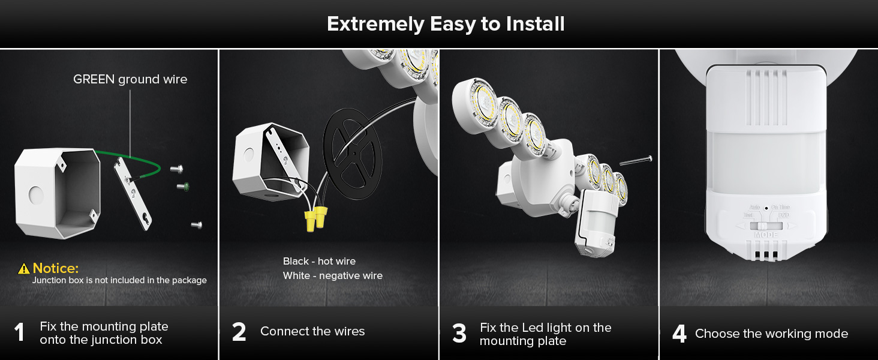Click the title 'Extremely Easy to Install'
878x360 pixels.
coord(446,24)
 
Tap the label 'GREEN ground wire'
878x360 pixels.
coord(130,79)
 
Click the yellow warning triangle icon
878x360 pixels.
coord(24,269)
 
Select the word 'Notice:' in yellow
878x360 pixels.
coord(55,268)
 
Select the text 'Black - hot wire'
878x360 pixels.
coord(319,261)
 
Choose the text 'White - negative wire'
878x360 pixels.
coord(332,275)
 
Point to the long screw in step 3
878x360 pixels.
coord(635,160)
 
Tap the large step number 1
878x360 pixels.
coord(20,333)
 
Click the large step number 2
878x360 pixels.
coord(239,332)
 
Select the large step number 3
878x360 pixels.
coord(459,334)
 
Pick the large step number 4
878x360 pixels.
coord(679,334)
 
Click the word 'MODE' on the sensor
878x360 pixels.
coord(766,235)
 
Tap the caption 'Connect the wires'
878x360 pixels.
coord(312,331)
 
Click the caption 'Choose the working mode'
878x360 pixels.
coord(771,334)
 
